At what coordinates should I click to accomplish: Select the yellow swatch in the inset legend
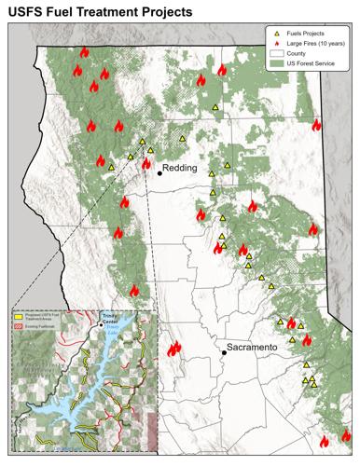pos(18,317)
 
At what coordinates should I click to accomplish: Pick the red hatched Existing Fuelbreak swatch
pos(18,327)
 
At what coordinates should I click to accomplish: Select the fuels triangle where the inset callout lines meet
pos(143,142)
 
